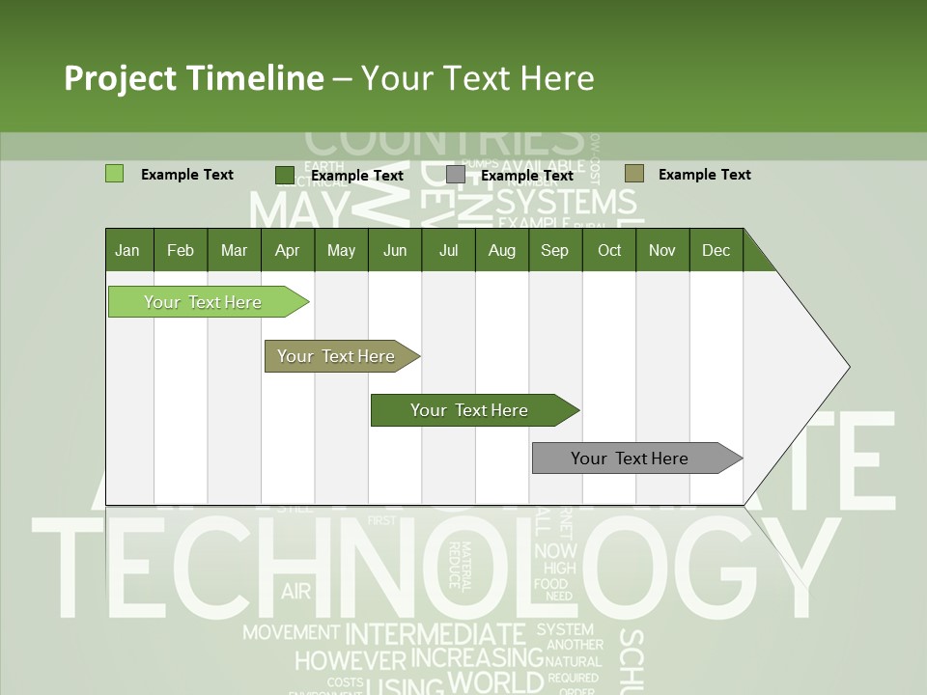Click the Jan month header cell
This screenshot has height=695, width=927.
click(x=128, y=250)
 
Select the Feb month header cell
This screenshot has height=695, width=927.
click(x=181, y=250)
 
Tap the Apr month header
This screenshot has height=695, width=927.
click(x=287, y=250)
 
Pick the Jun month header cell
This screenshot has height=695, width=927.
click(x=395, y=250)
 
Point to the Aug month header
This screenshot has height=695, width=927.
click(x=501, y=250)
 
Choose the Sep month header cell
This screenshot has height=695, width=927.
click(x=554, y=250)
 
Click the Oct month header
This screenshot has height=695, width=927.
click(x=609, y=250)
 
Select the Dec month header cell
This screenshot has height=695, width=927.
click(x=716, y=250)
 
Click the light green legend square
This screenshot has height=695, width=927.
click(x=114, y=174)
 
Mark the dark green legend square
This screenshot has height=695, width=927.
click(x=284, y=175)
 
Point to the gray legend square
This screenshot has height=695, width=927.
click(x=456, y=175)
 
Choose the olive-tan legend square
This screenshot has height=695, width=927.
click(x=633, y=174)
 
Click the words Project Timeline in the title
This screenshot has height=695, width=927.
click(x=193, y=78)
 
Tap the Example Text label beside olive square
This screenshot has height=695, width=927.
click(x=704, y=175)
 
